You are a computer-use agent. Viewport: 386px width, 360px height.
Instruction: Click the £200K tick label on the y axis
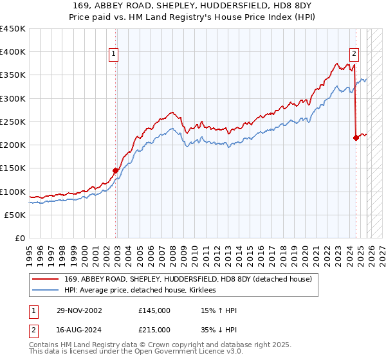12,145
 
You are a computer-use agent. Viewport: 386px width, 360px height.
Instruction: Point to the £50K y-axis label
14,215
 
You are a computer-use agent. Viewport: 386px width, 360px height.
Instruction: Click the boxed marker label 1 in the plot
113,55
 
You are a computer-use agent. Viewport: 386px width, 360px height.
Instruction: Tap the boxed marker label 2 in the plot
354,55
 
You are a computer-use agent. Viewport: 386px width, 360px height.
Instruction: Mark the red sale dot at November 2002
116,170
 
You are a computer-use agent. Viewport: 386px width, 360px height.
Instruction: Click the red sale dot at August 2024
356,138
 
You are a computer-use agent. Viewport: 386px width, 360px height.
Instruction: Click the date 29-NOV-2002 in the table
79,310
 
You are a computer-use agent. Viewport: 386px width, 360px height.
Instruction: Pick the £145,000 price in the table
154,310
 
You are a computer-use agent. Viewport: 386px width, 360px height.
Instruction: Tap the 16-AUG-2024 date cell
79,329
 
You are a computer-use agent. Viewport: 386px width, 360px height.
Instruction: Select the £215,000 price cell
154,329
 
